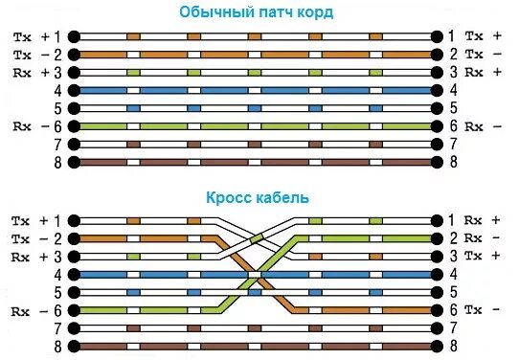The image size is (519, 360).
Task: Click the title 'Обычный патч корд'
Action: (259, 12)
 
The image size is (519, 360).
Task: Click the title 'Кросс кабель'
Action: (258, 198)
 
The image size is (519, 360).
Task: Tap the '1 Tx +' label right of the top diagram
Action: (475, 35)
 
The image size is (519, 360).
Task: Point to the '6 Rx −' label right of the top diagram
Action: (475, 125)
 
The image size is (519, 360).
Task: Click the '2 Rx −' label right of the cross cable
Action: (475, 238)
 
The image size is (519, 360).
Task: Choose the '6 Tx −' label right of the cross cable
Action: (475, 310)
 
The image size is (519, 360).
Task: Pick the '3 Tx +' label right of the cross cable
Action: (475, 257)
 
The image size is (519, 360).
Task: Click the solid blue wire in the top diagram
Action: (259, 90)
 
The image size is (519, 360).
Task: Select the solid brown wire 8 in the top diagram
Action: (259, 162)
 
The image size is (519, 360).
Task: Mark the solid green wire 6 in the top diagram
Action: (259, 125)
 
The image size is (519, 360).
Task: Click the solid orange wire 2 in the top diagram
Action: (259, 54)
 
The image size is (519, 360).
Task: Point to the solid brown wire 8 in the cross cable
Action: (259, 347)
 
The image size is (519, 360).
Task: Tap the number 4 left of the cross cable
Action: (56, 275)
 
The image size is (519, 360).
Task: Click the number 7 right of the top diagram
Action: (454, 144)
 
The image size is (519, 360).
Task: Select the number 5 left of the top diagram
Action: (56, 107)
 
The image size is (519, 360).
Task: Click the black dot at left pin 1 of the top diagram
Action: (74, 35)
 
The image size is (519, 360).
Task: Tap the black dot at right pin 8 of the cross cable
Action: (440, 347)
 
